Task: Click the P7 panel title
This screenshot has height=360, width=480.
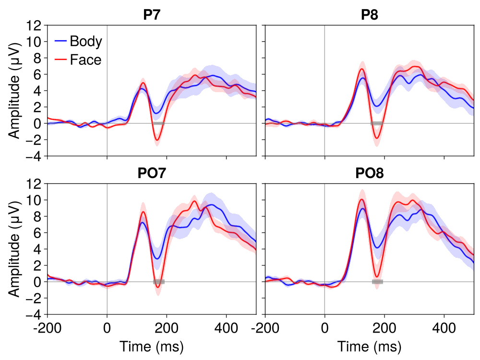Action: pos(152,15)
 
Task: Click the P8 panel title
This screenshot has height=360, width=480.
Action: pos(369,15)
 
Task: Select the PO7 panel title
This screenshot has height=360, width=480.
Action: pos(152,173)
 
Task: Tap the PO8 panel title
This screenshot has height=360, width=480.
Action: pos(369,173)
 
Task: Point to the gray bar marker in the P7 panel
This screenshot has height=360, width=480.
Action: pos(158,123)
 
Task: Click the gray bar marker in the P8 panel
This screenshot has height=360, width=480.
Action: pos(377,123)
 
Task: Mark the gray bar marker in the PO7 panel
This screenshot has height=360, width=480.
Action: pos(158,282)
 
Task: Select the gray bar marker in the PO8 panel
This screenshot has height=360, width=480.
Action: pos(377,282)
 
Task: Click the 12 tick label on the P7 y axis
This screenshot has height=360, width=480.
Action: pos(35,25)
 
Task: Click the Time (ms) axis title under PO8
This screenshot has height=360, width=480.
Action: pos(369,347)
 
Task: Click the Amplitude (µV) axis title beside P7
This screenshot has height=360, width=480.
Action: pos(15,91)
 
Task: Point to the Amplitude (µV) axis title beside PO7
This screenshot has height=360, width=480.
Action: pos(15,249)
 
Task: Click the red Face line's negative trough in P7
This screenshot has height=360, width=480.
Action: pos(156,140)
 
